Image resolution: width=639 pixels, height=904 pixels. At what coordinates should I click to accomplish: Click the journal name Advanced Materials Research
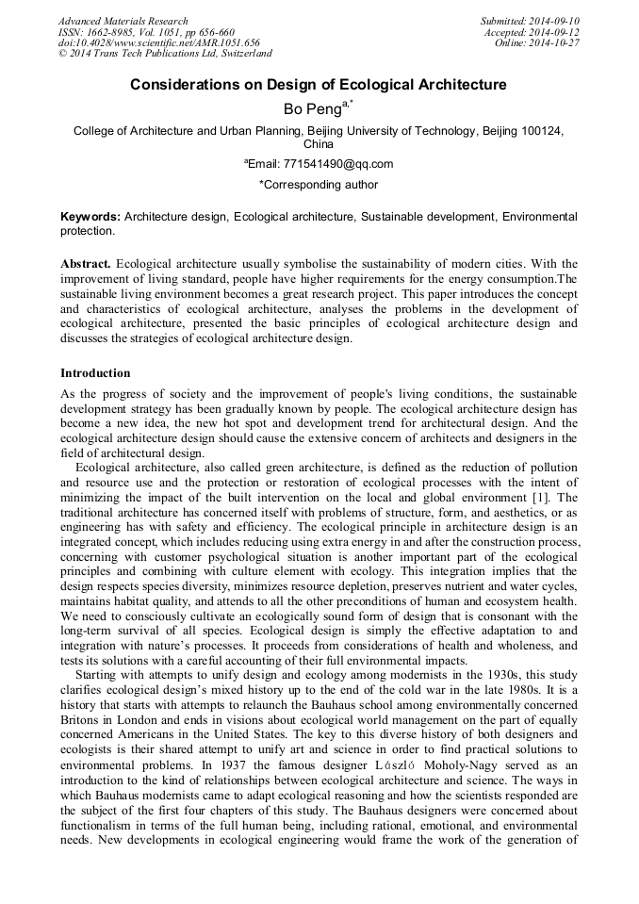(123, 21)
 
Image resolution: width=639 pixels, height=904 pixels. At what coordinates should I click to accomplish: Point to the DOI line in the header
(158, 43)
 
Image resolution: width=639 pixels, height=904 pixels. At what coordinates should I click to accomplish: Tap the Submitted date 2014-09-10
(556, 21)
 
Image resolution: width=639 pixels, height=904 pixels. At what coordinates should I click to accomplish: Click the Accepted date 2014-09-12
(556, 32)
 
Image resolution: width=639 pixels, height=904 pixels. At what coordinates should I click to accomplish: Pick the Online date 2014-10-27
(558, 43)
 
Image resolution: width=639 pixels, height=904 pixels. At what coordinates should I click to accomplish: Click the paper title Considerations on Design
(318, 85)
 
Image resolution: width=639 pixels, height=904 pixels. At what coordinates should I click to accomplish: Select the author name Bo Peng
(314, 109)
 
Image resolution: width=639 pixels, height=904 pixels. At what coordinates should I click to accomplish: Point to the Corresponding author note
(318, 185)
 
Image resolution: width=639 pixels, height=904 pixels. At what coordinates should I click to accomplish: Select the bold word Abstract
(86, 264)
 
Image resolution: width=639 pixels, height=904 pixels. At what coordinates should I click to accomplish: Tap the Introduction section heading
(95, 373)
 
